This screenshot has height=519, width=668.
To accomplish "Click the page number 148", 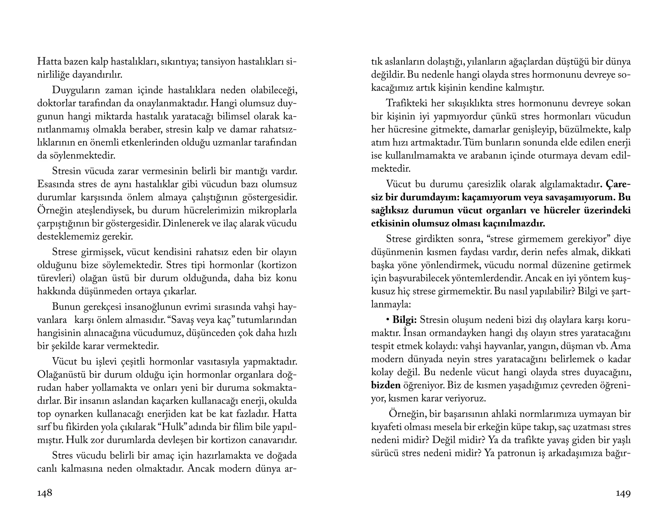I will [x=45, y=493].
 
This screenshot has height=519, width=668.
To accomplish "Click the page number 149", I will [x=623, y=494].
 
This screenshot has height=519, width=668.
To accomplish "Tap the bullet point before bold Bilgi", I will [x=388, y=320].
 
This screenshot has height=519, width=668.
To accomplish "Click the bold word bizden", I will [x=386, y=385].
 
